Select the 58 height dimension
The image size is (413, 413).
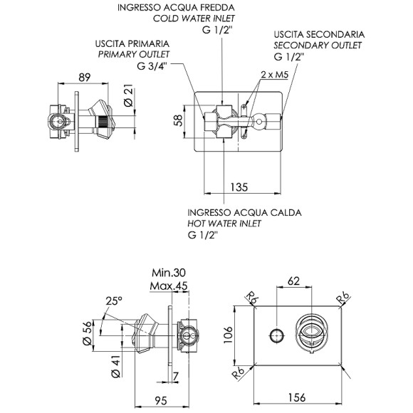[178, 120]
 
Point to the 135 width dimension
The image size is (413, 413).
[239, 187]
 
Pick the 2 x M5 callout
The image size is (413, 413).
[275, 75]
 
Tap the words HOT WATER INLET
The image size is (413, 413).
[224, 223]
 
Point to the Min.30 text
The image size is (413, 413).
[169, 273]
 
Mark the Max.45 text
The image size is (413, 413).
[169, 286]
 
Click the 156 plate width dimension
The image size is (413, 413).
[287, 397]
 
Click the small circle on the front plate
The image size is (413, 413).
[276, 334]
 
